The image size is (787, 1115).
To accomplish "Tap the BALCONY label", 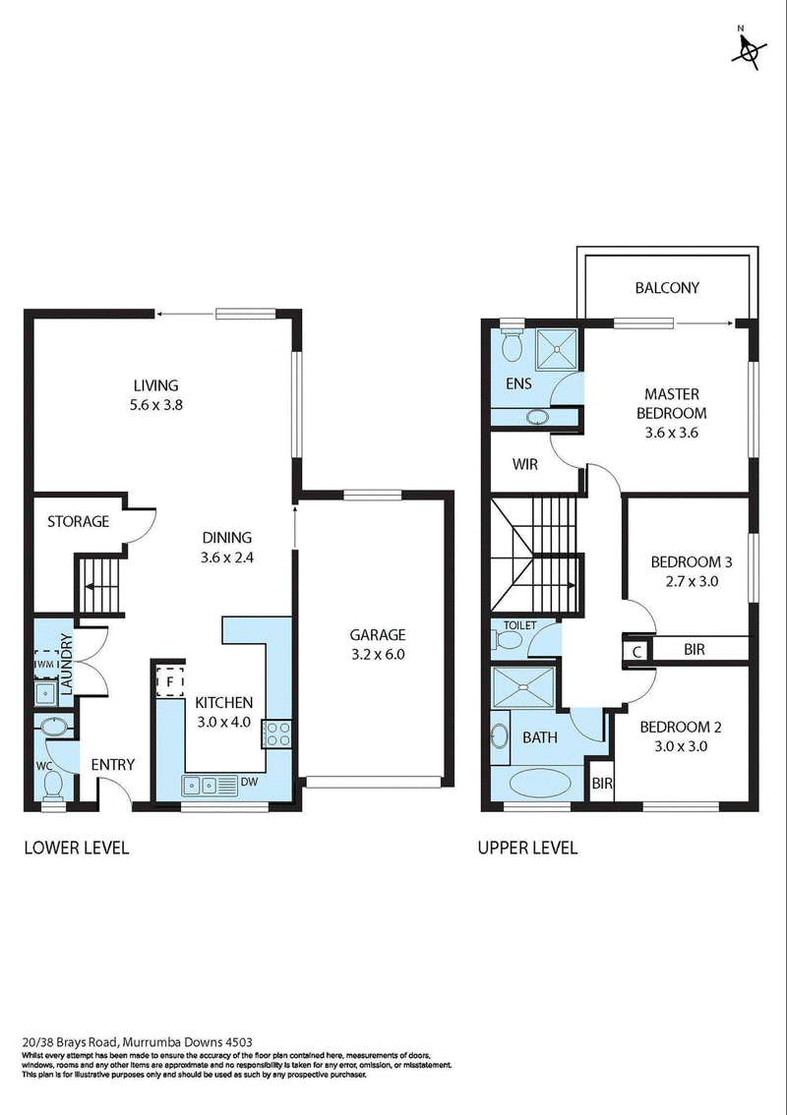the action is [667, 288].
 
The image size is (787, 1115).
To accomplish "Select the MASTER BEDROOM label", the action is [671, 403].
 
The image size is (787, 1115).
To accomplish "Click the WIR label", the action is [525, 465].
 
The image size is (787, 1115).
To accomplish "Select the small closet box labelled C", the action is [636, 651].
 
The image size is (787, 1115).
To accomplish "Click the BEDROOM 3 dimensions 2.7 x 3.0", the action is [691, 581].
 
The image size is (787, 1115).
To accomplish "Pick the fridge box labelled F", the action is [170, 680].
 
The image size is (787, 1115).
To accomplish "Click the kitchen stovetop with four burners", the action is [276, 734].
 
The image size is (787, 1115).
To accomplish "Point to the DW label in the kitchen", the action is [248, 783].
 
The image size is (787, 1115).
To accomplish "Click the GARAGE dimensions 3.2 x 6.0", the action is [378, 654].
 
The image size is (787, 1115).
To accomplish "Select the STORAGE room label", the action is [79, 521].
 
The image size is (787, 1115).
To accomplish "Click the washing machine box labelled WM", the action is [46, 663].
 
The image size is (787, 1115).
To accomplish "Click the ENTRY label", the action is [113, 764].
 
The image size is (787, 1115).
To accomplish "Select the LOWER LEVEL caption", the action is [77, 848].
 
